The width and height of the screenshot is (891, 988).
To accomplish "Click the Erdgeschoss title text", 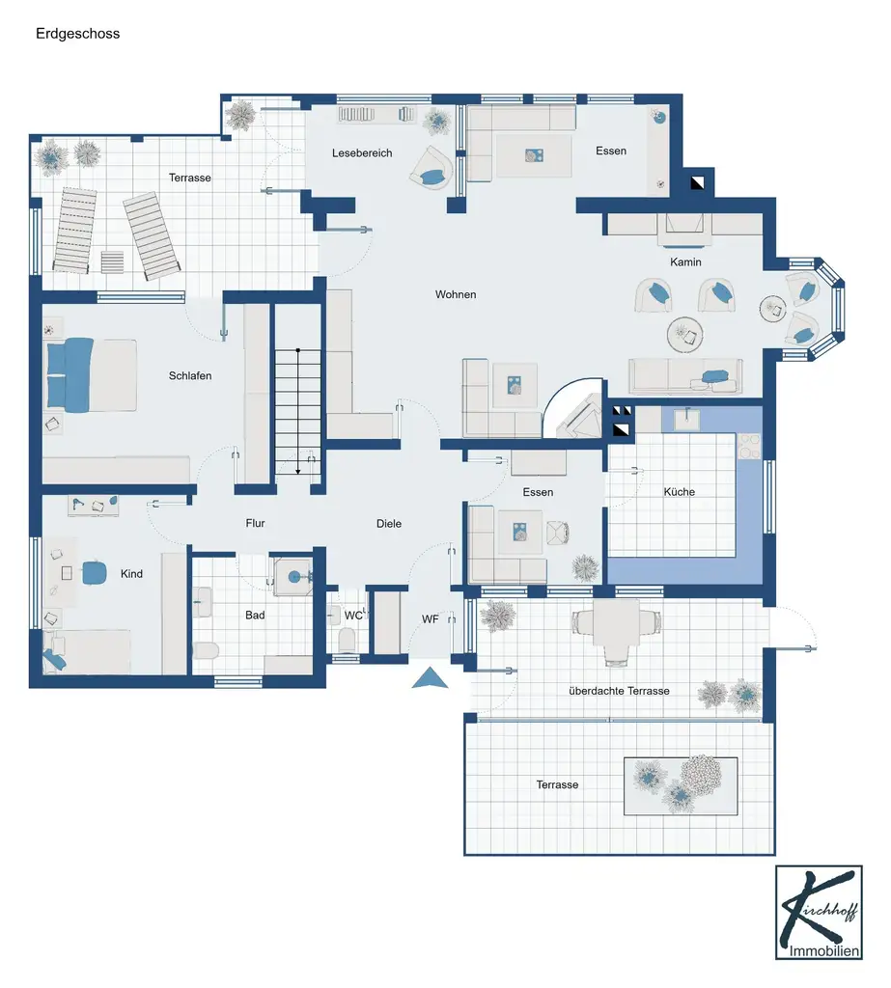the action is point(77,34).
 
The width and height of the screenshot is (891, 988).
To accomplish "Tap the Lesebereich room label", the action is point(362,153).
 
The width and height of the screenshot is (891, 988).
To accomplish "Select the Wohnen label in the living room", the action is point(456,294).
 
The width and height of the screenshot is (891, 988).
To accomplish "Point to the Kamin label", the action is point(685,262).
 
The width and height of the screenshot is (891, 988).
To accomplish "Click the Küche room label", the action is point(680,491).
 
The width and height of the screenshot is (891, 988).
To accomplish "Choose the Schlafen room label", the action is point(190,375).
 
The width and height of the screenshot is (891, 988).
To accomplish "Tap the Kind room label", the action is point(131,573).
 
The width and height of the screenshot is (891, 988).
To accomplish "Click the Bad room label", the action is point(255,615).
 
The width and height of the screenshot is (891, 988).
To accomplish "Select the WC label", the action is point(353,615).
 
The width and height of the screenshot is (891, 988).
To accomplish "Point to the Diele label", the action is point(388,524).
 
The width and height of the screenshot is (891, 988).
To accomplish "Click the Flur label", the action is point(255,523).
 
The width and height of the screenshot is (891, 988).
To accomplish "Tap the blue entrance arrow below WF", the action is point(430,678).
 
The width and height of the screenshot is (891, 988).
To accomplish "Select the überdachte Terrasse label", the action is point(619,691).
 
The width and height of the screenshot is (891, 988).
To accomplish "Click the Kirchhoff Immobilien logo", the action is point(819,913).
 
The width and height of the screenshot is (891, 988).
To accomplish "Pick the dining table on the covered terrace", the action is point(616,622).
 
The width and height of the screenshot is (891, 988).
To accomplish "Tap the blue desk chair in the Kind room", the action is point(94,572).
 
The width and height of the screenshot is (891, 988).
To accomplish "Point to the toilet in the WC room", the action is point(347,640).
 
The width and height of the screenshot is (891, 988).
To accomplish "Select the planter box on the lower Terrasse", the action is point(681,786).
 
